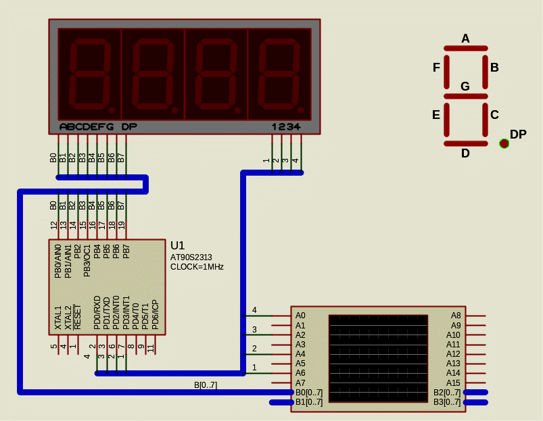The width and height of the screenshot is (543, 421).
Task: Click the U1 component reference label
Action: [177, 245]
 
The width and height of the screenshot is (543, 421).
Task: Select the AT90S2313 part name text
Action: [191, 257]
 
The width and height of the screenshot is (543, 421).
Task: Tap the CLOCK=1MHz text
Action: [197, 267]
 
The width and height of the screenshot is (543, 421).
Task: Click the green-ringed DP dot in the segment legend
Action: [504, 143]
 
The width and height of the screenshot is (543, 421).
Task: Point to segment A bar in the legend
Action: [466, 49]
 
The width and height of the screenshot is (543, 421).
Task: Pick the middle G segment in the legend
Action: [466, 96]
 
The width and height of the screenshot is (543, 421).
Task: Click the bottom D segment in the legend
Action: [466, 143]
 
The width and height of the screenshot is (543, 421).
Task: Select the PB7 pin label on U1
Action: [126, 251]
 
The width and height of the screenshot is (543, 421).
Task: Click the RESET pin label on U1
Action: [77, 317]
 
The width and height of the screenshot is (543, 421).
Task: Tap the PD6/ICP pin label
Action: [155, 314]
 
